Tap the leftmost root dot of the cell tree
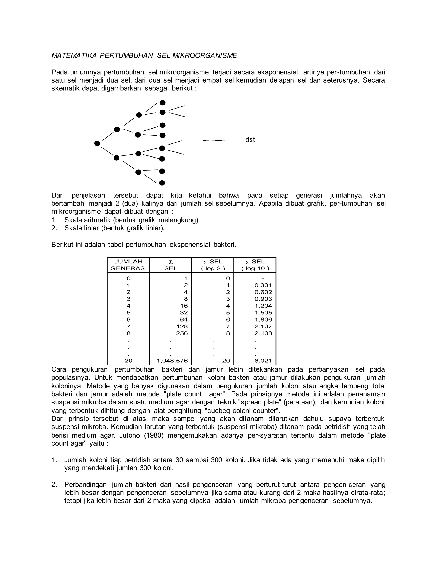[97, 143]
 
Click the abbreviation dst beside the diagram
[250, 140]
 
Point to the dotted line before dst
[215, 141]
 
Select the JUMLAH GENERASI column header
[128, 265]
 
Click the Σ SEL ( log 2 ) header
[213, 265]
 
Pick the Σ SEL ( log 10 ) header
[255, 265]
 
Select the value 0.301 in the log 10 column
[263, 285]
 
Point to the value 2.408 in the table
[263, 333]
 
